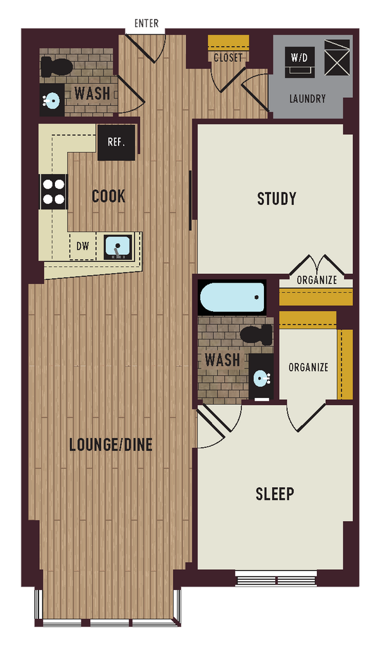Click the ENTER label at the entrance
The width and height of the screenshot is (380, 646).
[146, 23]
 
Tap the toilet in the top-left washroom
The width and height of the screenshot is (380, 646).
[56, 65]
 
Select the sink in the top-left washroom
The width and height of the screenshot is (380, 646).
[52, 100]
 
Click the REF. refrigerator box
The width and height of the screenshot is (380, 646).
[116, 143]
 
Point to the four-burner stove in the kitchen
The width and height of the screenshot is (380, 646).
[54, 192]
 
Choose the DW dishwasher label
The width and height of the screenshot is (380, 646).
[83, 247]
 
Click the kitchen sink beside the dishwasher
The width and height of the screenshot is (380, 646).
[118, 247]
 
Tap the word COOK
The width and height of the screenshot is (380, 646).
[109, 196]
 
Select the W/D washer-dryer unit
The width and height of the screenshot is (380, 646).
[299, 61]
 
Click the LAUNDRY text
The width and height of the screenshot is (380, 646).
[307, 99]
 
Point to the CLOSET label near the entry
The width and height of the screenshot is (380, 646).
[229, 57]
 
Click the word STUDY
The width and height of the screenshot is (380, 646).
[276, 199]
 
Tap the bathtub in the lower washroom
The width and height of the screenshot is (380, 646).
[232, 297]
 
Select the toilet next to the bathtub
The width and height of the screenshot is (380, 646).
[256, 334]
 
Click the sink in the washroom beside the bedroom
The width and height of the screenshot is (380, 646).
[261, 378]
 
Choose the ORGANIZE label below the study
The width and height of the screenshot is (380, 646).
[317, 280]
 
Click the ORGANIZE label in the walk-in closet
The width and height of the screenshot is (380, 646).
[308, 367]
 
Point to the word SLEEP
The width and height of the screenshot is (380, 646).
[275, 493]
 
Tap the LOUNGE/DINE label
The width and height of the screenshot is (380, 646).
[111, 445]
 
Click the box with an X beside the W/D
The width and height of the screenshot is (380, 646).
[337, 57]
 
